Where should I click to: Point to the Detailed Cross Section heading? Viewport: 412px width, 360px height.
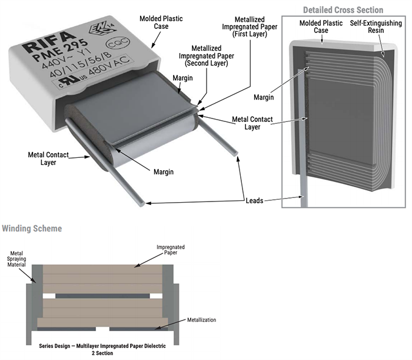pos(343,10)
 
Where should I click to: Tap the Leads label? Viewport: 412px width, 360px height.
pos(257,201)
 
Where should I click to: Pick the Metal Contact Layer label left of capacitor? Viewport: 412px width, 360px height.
pos(48,158)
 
